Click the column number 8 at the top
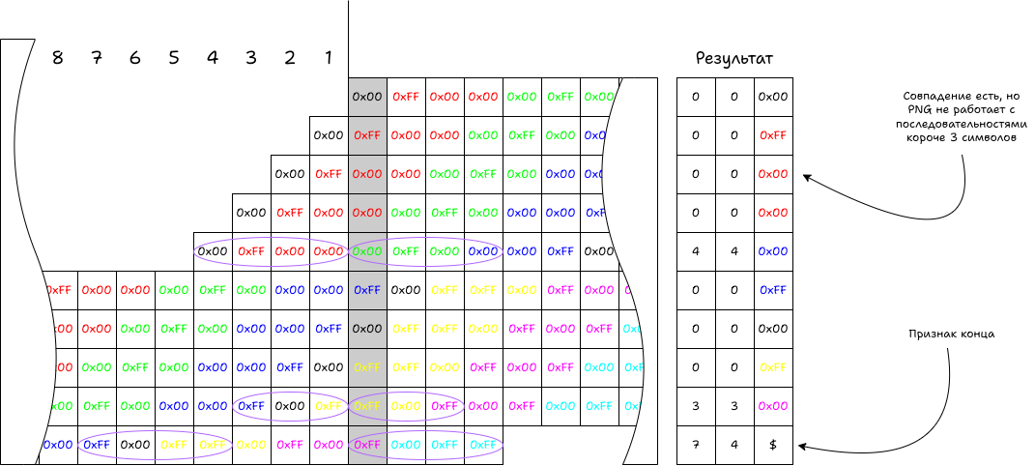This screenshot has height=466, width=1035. pyautogui.click(x=58, y=57)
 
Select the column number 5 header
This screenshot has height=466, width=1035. pyautogui.click(x=174, y=57)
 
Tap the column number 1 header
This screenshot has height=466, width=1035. pyautogui.click(x=329, y=57)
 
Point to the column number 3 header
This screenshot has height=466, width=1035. pyautogui.click(x=251, y=57)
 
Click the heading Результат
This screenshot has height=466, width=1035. pyautogui.click(x=734, y=60)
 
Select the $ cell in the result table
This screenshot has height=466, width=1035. pyautogui.click(x=773, y=445)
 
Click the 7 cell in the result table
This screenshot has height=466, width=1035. pyautogui.click(x=696, y=445)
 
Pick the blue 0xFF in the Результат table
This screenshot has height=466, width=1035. pyautogui.click(x=773, y=290)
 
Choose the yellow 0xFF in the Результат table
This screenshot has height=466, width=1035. pyautogui.click(x=773, y=367)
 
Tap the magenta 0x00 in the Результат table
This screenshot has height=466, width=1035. pyautogui.click(x=773, y=406)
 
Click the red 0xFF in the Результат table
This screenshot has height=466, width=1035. pyautogui.click(x=773, y=135)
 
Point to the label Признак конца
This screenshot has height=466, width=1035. pyautogui.click(x=951, y=334)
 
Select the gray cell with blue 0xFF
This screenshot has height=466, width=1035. pyautogui.click(x=367, y=290)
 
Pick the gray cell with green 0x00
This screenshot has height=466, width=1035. pyautogui.click(x=367, y=251)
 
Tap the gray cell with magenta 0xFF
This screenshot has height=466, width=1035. pyautogui.click(x=367, y=445)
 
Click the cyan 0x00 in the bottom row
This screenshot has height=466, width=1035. pyautogui.click(x=406, y=445)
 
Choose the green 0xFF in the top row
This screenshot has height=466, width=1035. pyautogui.click(x=561, y=97)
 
